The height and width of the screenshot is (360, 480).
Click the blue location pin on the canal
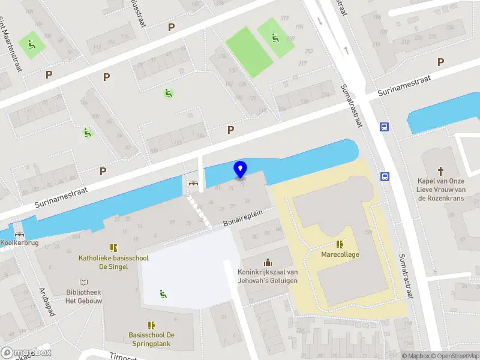(x=240, y=170)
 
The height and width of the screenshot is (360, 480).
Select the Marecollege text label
(x=340, y=254)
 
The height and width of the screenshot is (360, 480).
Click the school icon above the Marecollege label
(x=340, y=244)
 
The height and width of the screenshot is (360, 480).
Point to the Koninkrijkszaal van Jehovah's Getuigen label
(x=268, y=276)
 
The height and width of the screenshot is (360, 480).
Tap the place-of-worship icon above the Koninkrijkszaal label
(x=268, y=262)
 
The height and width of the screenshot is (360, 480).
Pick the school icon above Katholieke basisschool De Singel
(x=112, y=248)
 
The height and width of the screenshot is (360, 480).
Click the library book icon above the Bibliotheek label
(x=83, y=282)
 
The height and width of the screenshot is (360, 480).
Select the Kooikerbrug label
(x=16, y=243)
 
